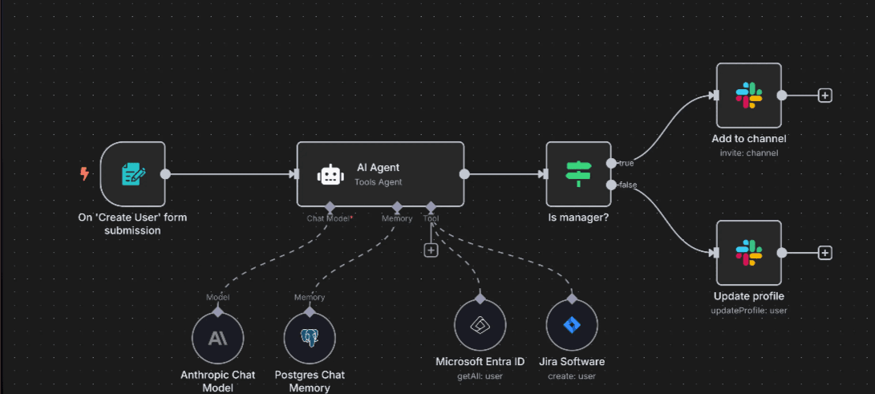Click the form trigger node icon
(x=132, y=174)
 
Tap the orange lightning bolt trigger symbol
(x=84, y=173)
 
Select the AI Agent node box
(x=380, y=174)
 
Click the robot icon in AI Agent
(x=330, y=174)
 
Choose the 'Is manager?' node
(x=577, y=174)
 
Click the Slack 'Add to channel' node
(x=748, y=95)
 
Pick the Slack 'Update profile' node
(x=748, y=252)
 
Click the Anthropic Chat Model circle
(x=217, y=338)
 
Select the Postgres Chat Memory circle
(x=310, y=338)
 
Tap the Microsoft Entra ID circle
(x=480, y=325)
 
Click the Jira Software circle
(x=572, y=325)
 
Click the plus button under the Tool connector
(x=431, y=250)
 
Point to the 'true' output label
(x=626, y=163)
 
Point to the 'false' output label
(x=627, y=185)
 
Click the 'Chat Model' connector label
(x=329, y=218)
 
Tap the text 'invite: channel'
(x=749, y=152)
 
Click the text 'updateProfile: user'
(x=749, y=310)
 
